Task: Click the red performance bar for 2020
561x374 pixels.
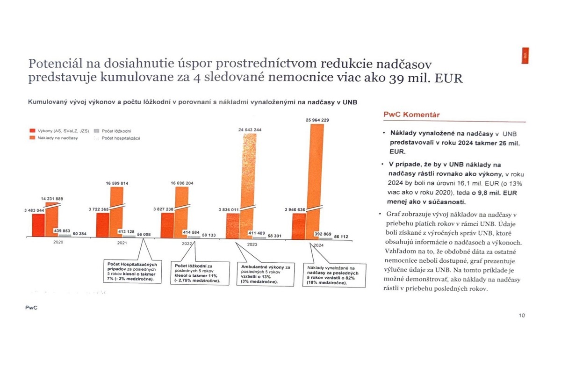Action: click(x=38, y=226)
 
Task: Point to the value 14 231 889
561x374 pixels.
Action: click(x=52, y=199)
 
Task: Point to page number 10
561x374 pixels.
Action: click(x=522, y=315)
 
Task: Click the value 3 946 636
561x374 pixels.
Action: click(x=294, y=210)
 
